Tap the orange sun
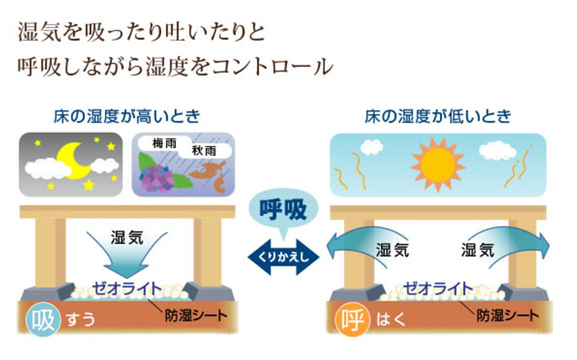tap(438, 165)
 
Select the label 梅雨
tap(164, 143)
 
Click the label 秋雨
tap(204, 150)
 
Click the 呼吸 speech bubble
tap(283, 210)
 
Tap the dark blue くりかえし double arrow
tap(283, 257)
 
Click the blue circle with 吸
tap(43, 319)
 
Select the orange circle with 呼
tap(353, 319)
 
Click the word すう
tap(81, 319)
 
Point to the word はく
tap(391, 319)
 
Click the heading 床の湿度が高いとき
tap(127, 116)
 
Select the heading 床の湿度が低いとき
tap(438, 116)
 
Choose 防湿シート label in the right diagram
tap(508, 316)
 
